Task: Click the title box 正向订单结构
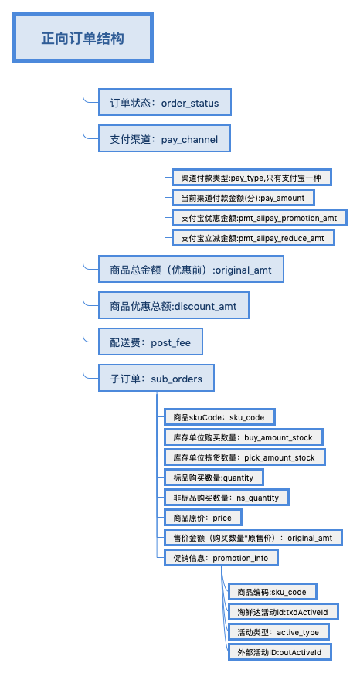[x=83, y=38]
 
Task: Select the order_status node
[x=165, y=102]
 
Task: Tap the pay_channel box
[x=165, y=138]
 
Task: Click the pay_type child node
[x=251, y=177]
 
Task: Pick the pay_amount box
[x=243, y=198]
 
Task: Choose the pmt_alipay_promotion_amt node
[x=259, y=218]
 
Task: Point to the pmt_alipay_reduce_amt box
[x=253, y=237]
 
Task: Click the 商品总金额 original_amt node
[x=191, y=269]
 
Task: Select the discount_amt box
[x=174, y=305]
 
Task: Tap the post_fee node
[x=151, y=342]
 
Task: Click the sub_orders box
[x=157, y=378]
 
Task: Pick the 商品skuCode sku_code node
[x=219, y=416]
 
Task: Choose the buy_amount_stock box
[x=243, y=437]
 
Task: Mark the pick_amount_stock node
[x=245, y=457]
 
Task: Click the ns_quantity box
[x=226, y=498]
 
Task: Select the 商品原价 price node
[x=203, y=518]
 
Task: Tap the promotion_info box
[x=222, y=558]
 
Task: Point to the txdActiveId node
[x=284, y=612]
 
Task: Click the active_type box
[x=278, y=632]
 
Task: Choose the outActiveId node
[x=280, y=652]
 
